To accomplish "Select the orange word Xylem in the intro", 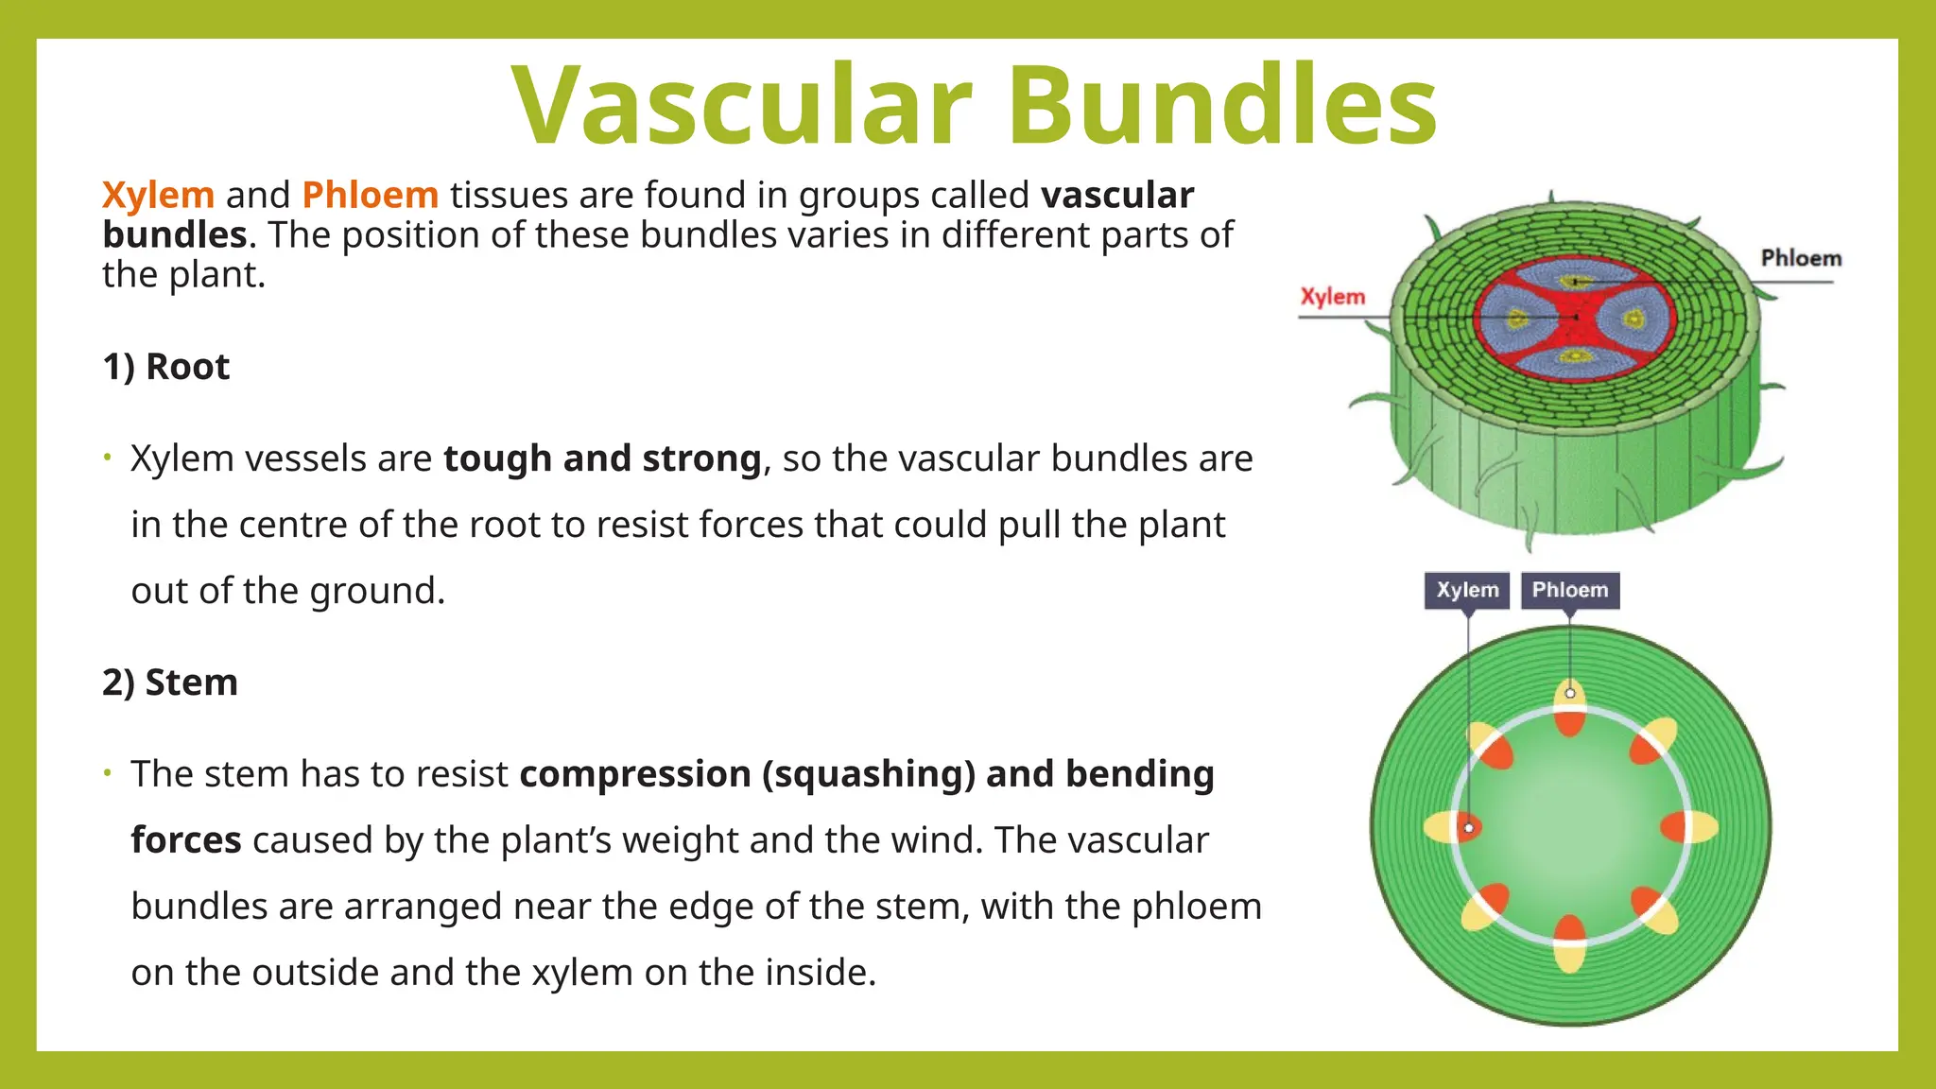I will pyautogui.click(x=158, y=195).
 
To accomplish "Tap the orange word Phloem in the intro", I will pyautogui.click(x=370, y=195).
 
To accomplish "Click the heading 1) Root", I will pyautogui.click(x=165, y=367).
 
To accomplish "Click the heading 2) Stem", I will pyautogui.click(x=169, y=683).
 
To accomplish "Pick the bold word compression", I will pyautogui.click(x=635, y=774).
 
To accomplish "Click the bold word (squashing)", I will pyautogui.click(x=869, y=774).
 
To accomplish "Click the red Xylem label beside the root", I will pyautogui.click(x=1333, y=297).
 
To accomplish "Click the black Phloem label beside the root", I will pyautogui.click(x=1801, y=258).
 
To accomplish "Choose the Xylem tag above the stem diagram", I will pyautogui.click(x=1467, y=590).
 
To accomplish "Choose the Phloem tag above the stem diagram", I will pyautogui.click(x=1569, y=590).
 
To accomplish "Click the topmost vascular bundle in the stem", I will pyautogui.click(x=1570, y=708).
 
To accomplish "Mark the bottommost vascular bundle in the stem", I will pyautogui.click(x=1570, y=943).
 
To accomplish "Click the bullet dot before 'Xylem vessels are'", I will pyautogui.click(x=108, y=458).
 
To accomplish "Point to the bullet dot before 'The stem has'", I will pyautogui.click(x=108, y=774).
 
